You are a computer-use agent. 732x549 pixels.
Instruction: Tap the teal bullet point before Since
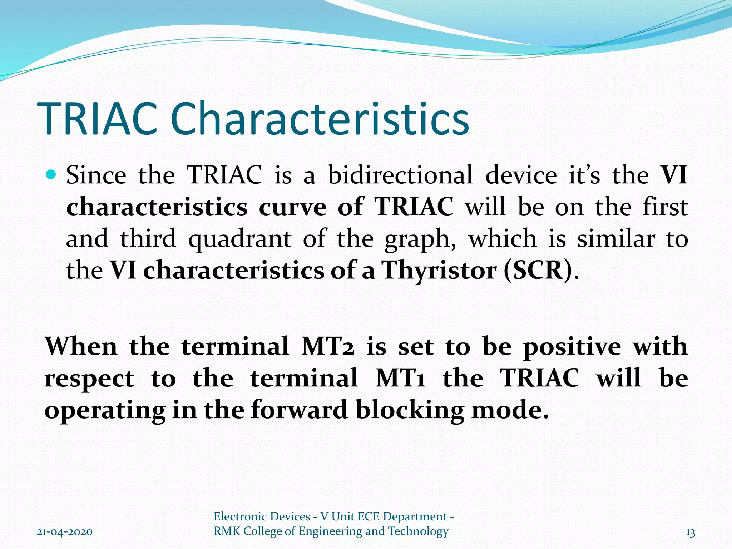point(52,175)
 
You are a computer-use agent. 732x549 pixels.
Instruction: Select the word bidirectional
point(400,175)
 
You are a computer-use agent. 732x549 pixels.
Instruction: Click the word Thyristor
point(439,270)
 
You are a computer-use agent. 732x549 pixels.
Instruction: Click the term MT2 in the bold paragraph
point(328,347)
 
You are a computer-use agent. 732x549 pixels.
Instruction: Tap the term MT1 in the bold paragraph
point(400,378)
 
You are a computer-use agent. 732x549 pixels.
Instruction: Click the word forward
point(299,410)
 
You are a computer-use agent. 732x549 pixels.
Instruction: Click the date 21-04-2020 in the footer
point(65,532)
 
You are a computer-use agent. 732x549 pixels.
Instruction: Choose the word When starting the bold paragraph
point(81,347)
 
